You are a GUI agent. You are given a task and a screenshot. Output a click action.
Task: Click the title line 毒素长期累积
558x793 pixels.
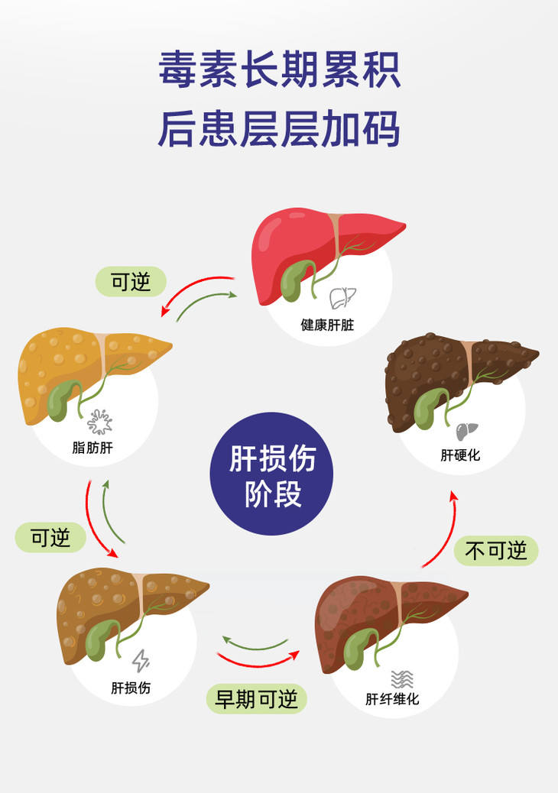(279, 71)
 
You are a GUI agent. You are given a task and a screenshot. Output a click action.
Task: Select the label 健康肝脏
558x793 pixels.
(327, 325)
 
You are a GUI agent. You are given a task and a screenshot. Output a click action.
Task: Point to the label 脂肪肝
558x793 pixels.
(92, 448)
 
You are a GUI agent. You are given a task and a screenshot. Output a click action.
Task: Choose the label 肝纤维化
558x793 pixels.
(392, 699)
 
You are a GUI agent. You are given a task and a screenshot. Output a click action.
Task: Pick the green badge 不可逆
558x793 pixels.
(496, 550)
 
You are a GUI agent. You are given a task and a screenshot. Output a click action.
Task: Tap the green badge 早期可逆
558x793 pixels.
(256, 698)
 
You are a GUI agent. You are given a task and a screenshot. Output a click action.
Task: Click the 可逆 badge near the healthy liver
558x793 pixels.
(131, 282)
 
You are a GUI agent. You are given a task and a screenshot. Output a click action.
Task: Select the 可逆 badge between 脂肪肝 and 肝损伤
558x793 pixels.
(50, 538)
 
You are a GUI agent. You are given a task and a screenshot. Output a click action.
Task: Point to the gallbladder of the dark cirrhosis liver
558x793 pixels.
(429, 408)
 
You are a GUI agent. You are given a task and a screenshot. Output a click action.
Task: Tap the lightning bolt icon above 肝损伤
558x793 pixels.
(141, 660)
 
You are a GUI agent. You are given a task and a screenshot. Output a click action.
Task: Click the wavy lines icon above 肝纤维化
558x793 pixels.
(402, 678)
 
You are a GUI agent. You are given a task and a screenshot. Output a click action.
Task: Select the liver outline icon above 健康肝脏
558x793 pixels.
(342, 298)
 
